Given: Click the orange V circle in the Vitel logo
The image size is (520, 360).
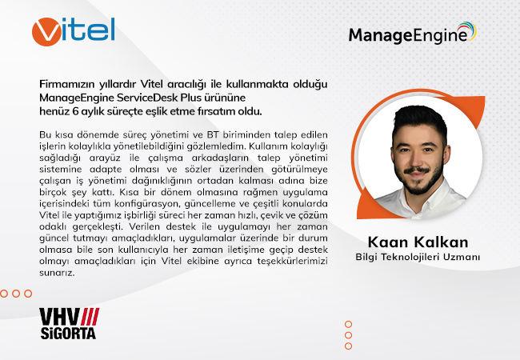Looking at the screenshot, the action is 46,32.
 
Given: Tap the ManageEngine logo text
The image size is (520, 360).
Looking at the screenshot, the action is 408,36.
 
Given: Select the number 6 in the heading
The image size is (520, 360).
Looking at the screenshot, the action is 75,111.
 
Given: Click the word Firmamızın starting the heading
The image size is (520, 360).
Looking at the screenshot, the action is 67,84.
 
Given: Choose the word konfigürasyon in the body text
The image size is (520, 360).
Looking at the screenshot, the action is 146,204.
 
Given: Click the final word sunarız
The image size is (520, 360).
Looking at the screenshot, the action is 57,273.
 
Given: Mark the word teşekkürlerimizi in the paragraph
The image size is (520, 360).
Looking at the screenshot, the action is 292,262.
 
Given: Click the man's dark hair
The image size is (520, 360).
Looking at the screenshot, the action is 419,121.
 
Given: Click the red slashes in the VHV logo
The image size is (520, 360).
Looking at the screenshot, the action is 90,317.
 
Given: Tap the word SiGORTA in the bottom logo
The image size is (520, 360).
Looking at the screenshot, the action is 68,333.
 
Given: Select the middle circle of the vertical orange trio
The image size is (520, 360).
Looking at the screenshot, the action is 348,335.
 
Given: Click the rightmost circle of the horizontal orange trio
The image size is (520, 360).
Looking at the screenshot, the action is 28,294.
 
